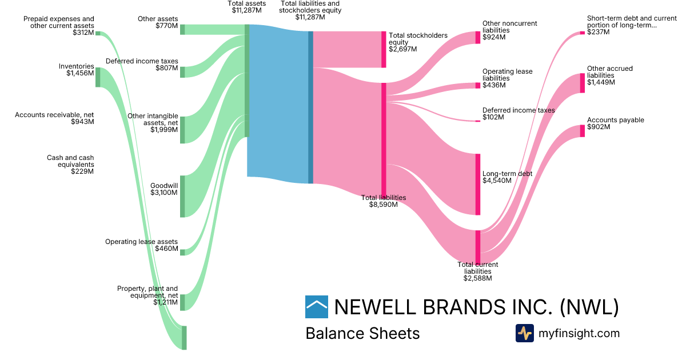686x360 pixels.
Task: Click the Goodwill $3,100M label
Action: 164,189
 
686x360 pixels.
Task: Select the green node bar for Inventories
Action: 98,77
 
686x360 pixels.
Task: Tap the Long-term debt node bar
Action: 478,184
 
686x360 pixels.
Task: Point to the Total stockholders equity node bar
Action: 384,49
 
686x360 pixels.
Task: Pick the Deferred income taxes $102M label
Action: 518,114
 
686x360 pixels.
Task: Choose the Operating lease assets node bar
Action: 182,251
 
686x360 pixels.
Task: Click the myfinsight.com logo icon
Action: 524,333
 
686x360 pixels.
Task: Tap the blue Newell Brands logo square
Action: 317,307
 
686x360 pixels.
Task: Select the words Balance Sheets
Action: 362,333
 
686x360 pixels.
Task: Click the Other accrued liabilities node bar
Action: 583,83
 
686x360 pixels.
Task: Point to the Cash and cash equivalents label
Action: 70,164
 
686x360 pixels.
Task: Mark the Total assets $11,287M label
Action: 246,7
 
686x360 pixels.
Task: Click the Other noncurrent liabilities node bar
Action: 478,38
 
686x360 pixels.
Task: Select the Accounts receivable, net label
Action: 54,118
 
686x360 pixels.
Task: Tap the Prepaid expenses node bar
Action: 98,34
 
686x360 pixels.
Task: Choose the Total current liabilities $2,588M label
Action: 477,271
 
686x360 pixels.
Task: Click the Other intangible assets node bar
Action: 182,130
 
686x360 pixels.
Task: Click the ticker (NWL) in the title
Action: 589,307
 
